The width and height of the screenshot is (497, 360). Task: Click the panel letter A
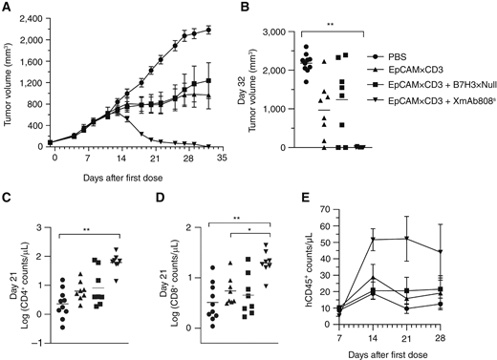[x=7, y=8]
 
